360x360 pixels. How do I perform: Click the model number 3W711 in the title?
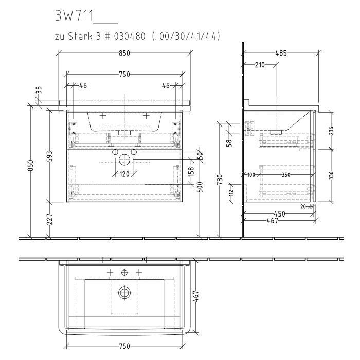point(73,16)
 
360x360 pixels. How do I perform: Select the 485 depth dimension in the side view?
point(281,53)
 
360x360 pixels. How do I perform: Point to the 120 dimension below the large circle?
point(124,174)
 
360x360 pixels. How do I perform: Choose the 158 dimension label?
point(190,170)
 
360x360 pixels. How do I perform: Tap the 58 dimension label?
point(228,140)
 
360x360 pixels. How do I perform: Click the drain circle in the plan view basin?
point(124,293)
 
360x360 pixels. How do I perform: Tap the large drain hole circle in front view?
point(124,160)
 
